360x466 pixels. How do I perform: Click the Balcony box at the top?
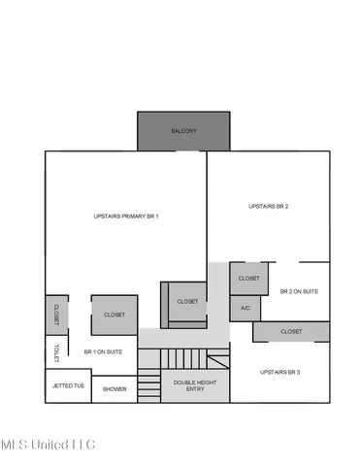pos(183,131)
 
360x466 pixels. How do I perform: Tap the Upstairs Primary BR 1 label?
pos(126,216)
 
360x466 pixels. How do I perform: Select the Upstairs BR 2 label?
pos(269,206)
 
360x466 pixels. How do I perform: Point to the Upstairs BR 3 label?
pos(281,373)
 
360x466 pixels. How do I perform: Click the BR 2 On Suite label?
pos(299,291)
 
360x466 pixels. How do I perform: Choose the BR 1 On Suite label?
pos(103,351)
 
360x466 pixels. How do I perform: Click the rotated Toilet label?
pos(57,352)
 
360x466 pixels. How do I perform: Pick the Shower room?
pos(115,388)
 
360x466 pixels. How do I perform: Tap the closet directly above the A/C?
pos(249,279)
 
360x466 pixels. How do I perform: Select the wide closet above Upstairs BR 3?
pos(291,332)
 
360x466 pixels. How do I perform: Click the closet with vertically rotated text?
pos(56,314)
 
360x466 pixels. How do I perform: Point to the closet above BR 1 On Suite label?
pos(115,315)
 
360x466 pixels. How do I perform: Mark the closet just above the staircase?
pos(187,301)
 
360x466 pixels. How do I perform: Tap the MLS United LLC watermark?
pos(49,445)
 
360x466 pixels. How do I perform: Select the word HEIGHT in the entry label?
pos(194,382)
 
